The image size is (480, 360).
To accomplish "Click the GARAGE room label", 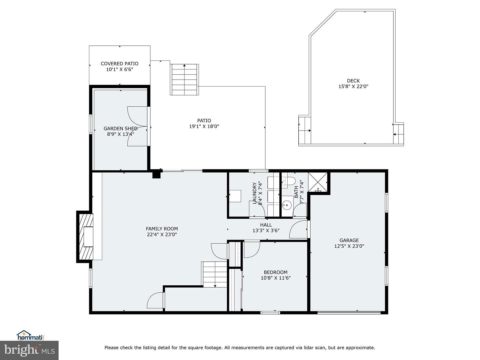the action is tap(349, 240).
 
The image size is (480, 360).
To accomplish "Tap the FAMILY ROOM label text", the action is tap(162, 229).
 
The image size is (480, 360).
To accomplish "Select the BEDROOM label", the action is tap(276, 272).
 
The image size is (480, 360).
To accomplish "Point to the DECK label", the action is tap(353, 81).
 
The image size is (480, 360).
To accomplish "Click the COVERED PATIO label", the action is tap(119, 64).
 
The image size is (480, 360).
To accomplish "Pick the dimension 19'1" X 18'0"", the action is tap(204, 126).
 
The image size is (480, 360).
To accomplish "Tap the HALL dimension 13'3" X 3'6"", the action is tap(266, 230).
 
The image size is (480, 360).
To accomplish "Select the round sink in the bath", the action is tap(286, 205).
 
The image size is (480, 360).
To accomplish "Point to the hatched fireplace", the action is tap(86, 237).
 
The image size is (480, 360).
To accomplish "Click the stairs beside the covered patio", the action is tap(185, 80).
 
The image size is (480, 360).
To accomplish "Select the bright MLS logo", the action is tap(29, 350).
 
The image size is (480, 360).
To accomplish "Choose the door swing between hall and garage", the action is tap(298, 229).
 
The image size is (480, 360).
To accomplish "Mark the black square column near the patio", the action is tap(156, 174).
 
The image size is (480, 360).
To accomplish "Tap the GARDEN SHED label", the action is tap(120, 129).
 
